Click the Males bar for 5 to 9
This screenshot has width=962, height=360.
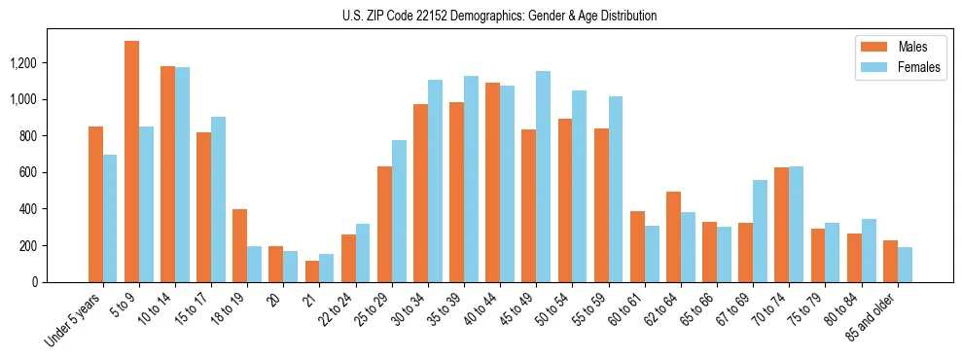coord(131,162)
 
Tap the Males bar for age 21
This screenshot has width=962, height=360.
coord(312,271)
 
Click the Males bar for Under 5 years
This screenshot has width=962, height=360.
coord(95,204)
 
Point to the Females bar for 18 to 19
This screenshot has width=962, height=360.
coord(254,264)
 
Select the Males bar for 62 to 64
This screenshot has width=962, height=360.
coord(673,236)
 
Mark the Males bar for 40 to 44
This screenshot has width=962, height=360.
coord(492,182)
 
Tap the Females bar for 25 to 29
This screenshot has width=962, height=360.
coord(399,211)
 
